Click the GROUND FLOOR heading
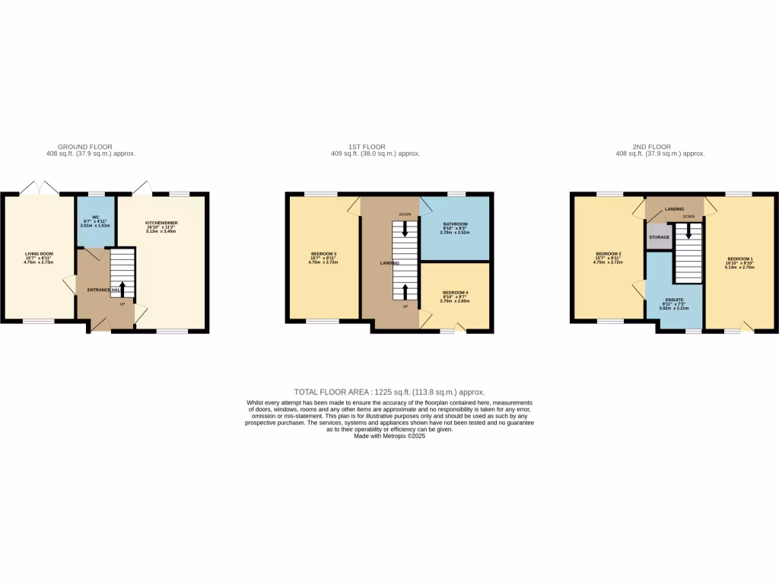coord(85,146)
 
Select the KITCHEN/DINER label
coord(161,224)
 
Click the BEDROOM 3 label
coord(323,254)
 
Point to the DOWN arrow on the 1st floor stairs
coord(405,229)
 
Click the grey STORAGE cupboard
coord(659,237)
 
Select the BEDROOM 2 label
coord(609,254)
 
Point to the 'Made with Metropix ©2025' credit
coord(389,436)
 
